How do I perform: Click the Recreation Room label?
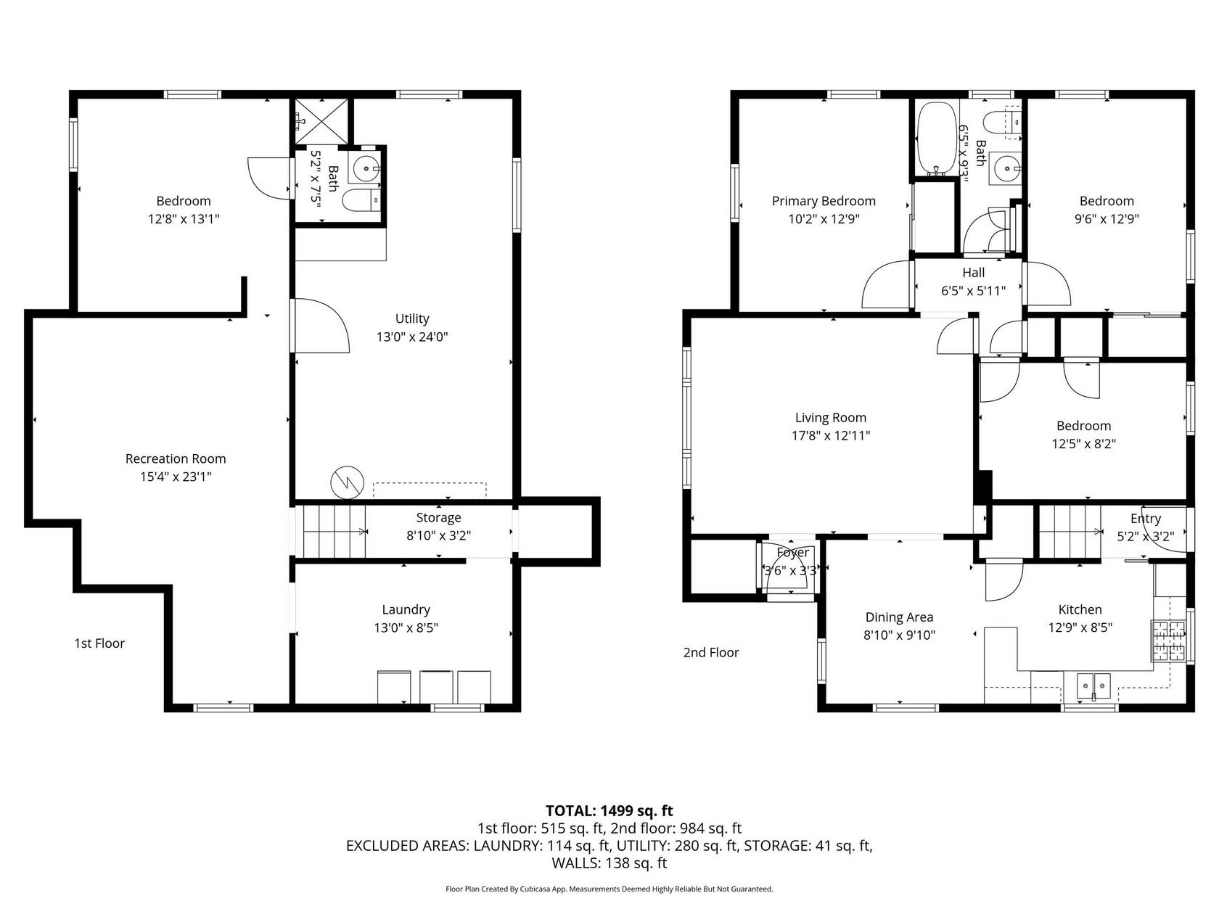point(176,459)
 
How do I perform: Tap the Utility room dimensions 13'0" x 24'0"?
point(412,337)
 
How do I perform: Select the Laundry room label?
point(406,609)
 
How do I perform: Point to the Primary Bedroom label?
point(824,201)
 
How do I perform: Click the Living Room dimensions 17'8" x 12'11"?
point(831,436)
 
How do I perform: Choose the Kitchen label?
point(1080,609)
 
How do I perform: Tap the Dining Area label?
point(899,617)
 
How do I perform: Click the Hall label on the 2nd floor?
point(974,273)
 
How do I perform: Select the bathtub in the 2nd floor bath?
point(936,138)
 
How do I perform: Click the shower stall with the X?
point(321,122)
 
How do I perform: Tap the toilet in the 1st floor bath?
point(361,199)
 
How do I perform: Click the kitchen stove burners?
point(1168,641)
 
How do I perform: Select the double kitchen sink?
point(1093,686)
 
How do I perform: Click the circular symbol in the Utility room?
point(347,482)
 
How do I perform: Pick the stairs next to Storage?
point(334,532)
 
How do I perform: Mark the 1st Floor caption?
point(99,643)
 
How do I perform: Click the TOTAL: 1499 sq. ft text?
point(609,811)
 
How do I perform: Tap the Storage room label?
point(439,518)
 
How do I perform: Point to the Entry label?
point(1146,519)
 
